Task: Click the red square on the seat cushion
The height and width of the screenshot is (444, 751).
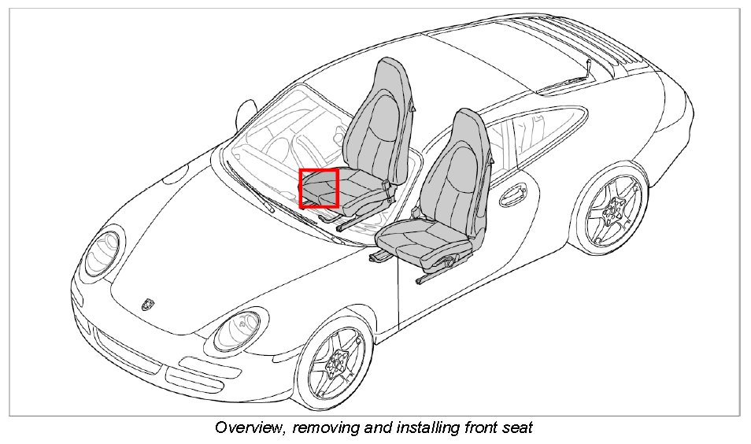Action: click(x=319, y=188)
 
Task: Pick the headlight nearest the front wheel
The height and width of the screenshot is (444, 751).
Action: click(x=236, y=330)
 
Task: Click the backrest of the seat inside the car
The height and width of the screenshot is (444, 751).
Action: click(x=379, y=118)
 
